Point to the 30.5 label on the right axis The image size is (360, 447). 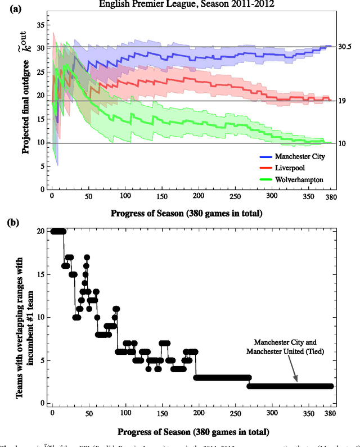point(345,47)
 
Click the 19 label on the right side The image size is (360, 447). point(342,101)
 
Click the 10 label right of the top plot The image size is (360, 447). point(342,143)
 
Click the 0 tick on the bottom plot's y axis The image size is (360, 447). point(42,404)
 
